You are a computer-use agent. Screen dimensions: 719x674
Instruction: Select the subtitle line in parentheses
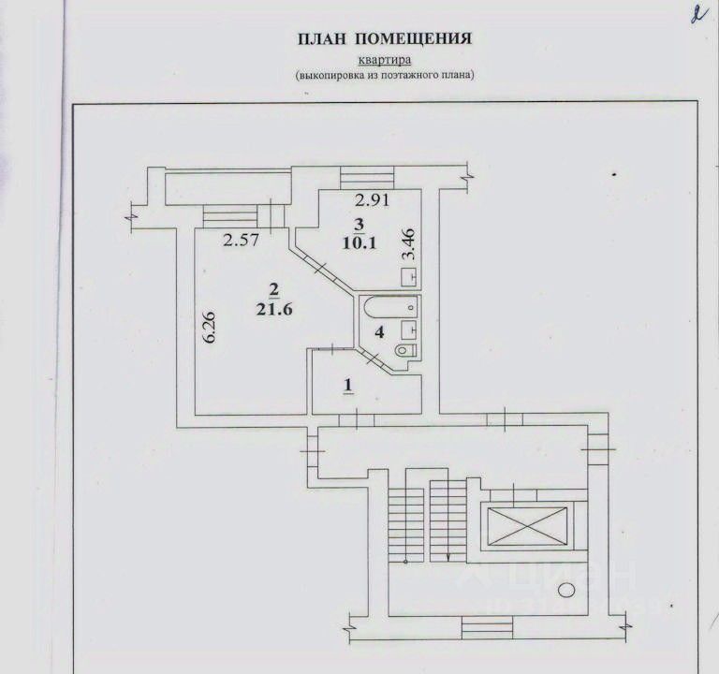point(384,74)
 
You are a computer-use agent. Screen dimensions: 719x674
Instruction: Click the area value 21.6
point(274,310)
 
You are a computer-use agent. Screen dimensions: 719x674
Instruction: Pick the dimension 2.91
point(371,199)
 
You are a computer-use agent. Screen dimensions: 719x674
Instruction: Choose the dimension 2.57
point(241,240)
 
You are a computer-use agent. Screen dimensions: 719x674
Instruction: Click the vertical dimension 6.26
point(210,327)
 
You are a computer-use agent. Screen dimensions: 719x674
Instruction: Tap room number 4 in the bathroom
point(378,331)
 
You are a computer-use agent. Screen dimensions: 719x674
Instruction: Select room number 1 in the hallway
point(348,385)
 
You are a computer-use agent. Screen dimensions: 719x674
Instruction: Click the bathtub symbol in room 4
point(389,306)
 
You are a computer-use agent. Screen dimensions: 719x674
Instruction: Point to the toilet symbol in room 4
point(405,350)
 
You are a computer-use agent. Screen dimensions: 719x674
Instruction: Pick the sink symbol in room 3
point(408,277)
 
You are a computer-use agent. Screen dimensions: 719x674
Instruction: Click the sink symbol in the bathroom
point(409,329)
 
